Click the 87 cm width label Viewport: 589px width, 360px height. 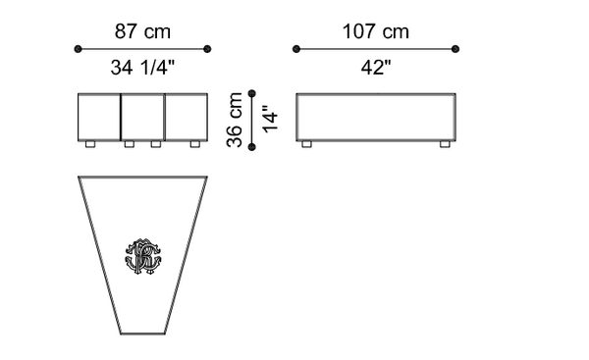(x=143, y=31)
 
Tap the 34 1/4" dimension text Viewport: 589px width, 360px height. (x=143, y=68)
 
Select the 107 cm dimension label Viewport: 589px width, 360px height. (x=376, y=31)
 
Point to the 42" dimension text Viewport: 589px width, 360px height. (x=376, y=68)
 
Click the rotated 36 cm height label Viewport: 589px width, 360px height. (x=236, y=119)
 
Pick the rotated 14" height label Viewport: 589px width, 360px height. (x=271, y=119)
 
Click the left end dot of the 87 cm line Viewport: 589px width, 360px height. (x=79, y=48)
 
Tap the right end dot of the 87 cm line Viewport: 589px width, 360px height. (x=208, y=48)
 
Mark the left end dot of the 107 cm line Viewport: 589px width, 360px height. (x=296, y=48)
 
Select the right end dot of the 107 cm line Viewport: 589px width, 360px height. (x=456, y=48)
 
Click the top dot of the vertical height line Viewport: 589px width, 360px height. (x=252, y=93)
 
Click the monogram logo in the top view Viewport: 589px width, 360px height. (x=143, y=256)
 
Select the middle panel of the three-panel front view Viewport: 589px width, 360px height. (x=142, y=117)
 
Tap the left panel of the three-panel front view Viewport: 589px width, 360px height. (x=99, y=117)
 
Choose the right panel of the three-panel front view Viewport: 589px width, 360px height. (x=186, y=117)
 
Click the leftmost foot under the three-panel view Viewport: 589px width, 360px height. (x=90, y=144)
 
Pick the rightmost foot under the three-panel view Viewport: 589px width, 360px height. (x=195, y=144)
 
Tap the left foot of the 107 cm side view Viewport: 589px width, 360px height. (x=306, y=144)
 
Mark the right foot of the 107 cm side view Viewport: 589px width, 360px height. (x=446, y=144)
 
